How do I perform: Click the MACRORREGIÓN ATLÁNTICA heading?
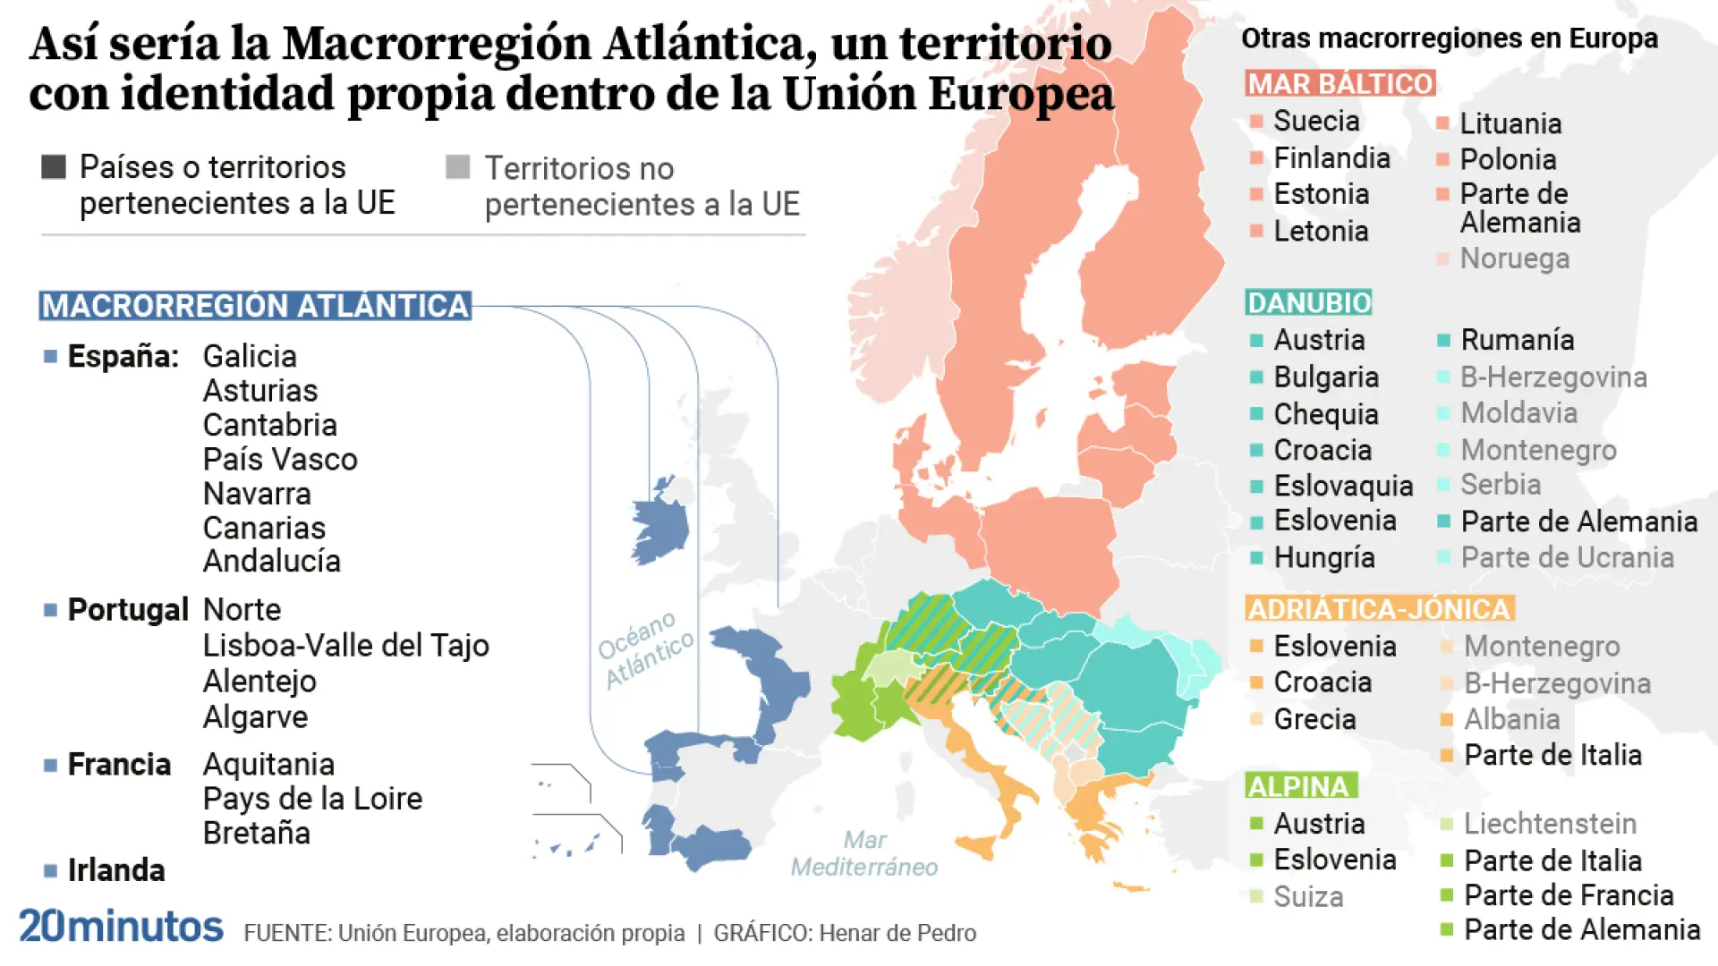(x=255, y=306)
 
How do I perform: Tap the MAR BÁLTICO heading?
(x=1340, y=84)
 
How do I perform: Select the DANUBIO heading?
(x=1308, y=302)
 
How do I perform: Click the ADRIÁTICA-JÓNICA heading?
(x=1378, y=609)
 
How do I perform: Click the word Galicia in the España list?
(x=250, y=356)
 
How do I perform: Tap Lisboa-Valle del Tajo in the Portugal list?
(x=345, y=645)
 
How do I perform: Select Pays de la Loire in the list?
(x=312, y=799)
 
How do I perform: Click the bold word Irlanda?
(x=116, y=870)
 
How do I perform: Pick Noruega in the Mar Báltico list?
(x=1514, y=258)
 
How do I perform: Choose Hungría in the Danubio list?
(x=1323, y=558)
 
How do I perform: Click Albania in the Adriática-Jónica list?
(x=1511, y=719)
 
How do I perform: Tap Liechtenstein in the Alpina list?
(x=1550, y=824)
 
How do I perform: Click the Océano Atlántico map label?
(x=645, y=649)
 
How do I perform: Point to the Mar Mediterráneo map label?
(x=864, y=853)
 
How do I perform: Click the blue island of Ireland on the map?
(x=660, y=526)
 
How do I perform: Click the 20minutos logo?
(x=121, y=927)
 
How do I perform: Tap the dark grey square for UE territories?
(x=54, y=167)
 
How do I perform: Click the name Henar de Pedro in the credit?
(x=897, y=934)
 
